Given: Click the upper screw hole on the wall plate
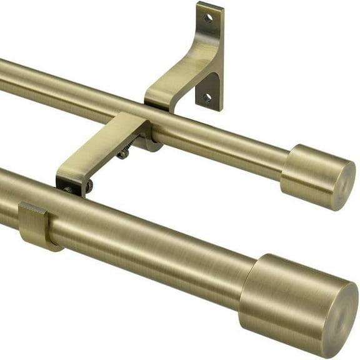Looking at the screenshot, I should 207,18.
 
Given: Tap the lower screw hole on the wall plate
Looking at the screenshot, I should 206,97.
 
